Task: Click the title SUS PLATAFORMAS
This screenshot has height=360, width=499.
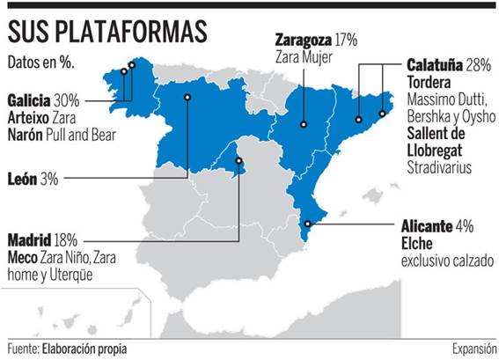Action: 108,32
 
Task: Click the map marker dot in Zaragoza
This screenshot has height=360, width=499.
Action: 302,124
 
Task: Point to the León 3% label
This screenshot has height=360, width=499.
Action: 33,179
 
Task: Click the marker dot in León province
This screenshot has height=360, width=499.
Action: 188,97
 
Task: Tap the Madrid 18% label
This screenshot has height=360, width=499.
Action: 43,239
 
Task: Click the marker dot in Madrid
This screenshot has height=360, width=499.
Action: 238,161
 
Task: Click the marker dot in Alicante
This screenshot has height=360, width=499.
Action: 306,224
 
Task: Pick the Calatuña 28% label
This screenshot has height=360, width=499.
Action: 449,65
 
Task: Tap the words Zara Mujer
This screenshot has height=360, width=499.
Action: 303,56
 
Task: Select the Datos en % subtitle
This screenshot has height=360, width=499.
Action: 40,63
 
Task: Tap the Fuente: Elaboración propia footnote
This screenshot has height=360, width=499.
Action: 67,349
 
